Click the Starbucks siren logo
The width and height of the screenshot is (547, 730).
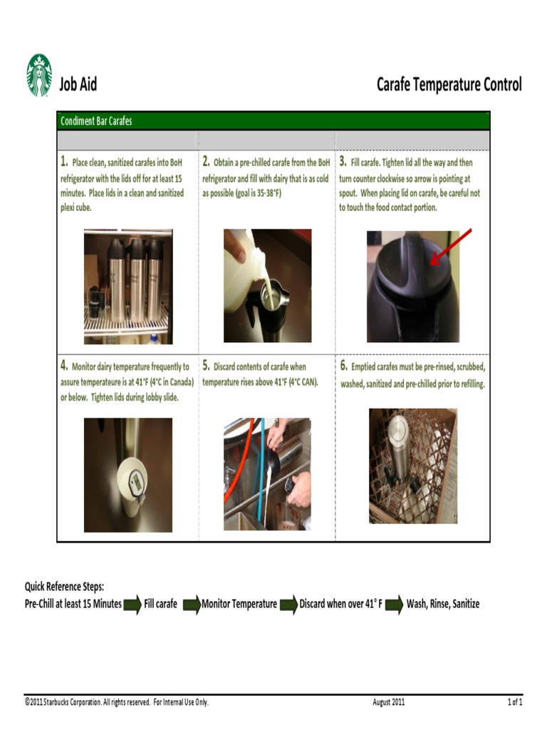pyautogui.click(x=39, y=76)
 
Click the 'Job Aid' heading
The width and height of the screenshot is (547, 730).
pyautogui.click(x=78, y=85)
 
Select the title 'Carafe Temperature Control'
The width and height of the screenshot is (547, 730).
pyautogui.click(x=449, y=85)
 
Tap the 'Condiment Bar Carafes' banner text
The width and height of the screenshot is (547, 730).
pyautogui.click(x=96, y=121)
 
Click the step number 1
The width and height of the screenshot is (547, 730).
pyautogui.click(x=64, y=161)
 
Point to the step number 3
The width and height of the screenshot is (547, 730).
pyautogui.click(x=343, y=161)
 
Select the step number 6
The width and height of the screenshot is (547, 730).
pyautogui.click(x=343, y=366)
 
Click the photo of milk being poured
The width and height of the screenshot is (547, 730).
pyautogui.click(x=267, y=285)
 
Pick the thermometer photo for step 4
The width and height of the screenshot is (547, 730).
pyautogui.click(x=127, y=475)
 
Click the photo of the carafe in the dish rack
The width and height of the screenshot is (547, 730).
pyautogui.click(x=412, y=466)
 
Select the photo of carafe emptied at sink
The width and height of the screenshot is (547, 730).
pyautogui.click(x=267, y=474)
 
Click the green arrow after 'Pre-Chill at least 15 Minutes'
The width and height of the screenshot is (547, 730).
pyautogui.click(x=132, y=605)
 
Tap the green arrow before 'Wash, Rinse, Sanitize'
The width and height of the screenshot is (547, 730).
pyautogui.click(x=395, y=605)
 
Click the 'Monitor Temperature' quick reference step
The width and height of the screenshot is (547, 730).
pyautogui.click(x=239, y=604)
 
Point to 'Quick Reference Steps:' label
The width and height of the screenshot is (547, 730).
pyautogui.click(x=65, y=587)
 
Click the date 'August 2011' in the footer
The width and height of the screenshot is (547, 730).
pyautogui.click(x=388, y=702)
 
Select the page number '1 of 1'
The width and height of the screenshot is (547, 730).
pyautogui.click(x=514, y=702)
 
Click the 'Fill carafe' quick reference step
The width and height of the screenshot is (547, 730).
pyautogui.click(x=160, y=604)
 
